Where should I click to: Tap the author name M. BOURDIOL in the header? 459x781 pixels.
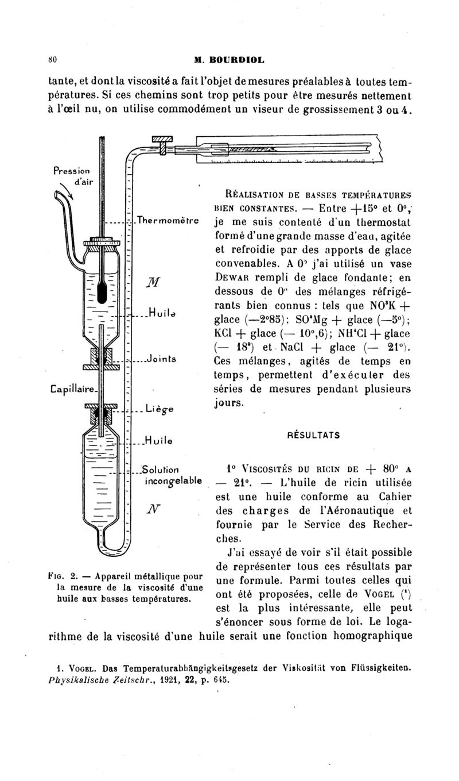click(x=229, y=58)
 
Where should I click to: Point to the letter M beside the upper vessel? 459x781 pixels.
click(x=154, y=280)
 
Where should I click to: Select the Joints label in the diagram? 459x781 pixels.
click(x=161, y=360)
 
